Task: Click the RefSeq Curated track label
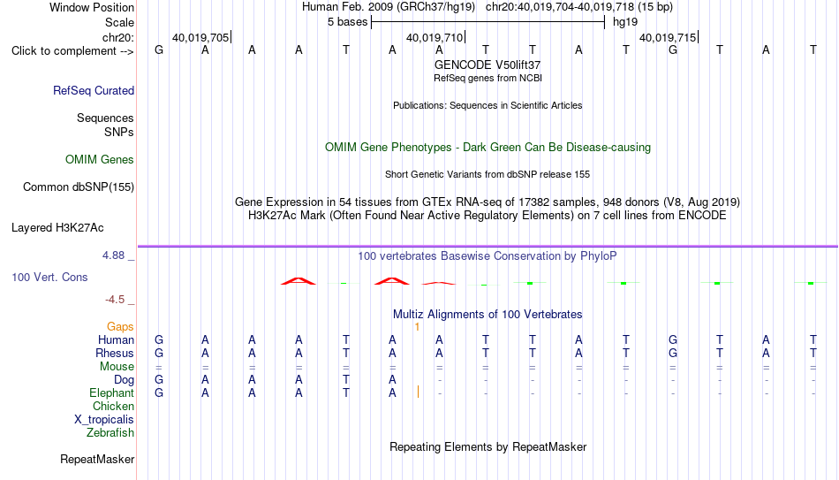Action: click(x=94, y=90)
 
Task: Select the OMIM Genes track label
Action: click(x=100, y=160)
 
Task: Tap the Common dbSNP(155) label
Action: click(x=79, y=187)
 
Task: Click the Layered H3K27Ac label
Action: click(x=57, y=228)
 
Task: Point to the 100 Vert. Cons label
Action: click(x=49, y=277)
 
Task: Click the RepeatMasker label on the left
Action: click(x=97, y=459)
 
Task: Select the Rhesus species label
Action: click(x=115, y=353)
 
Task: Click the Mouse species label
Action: click(x=117, y=367)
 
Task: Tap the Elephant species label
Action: click(x=112, y=393)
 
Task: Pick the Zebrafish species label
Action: click(x=110, y=432)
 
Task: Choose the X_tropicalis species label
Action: click(x=104, y=420)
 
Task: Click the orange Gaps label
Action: click(x=120, y=327)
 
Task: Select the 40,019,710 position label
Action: click(x=435, y=37)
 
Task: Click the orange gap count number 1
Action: click(x=417, y=327)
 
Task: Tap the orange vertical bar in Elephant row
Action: click(x=418, y=392)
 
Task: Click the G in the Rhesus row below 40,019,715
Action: click(x=673, y=353)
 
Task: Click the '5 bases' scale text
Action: click(x=348, y=22)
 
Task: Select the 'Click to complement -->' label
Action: click(x=72, y=51)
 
